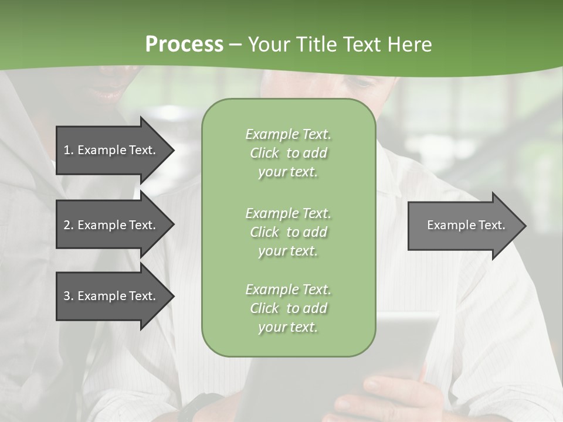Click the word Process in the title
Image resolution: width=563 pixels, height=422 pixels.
[x=184, y=45]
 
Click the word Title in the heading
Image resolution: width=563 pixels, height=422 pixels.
[x=313, y=45]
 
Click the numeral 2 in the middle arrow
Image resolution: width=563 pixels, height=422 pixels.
[x=67, y=225]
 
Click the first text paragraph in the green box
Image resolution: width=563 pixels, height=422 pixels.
[x=288, y=153]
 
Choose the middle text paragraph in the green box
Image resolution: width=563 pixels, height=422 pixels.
[x=288, y=232]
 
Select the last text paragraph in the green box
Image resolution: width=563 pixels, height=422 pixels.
[x=288, y=308]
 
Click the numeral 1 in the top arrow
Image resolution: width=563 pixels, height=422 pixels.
[x=67, y=150]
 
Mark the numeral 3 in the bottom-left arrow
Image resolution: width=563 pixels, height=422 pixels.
[x=67, y=296]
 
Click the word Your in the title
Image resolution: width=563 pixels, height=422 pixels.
[x=269, y=45]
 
